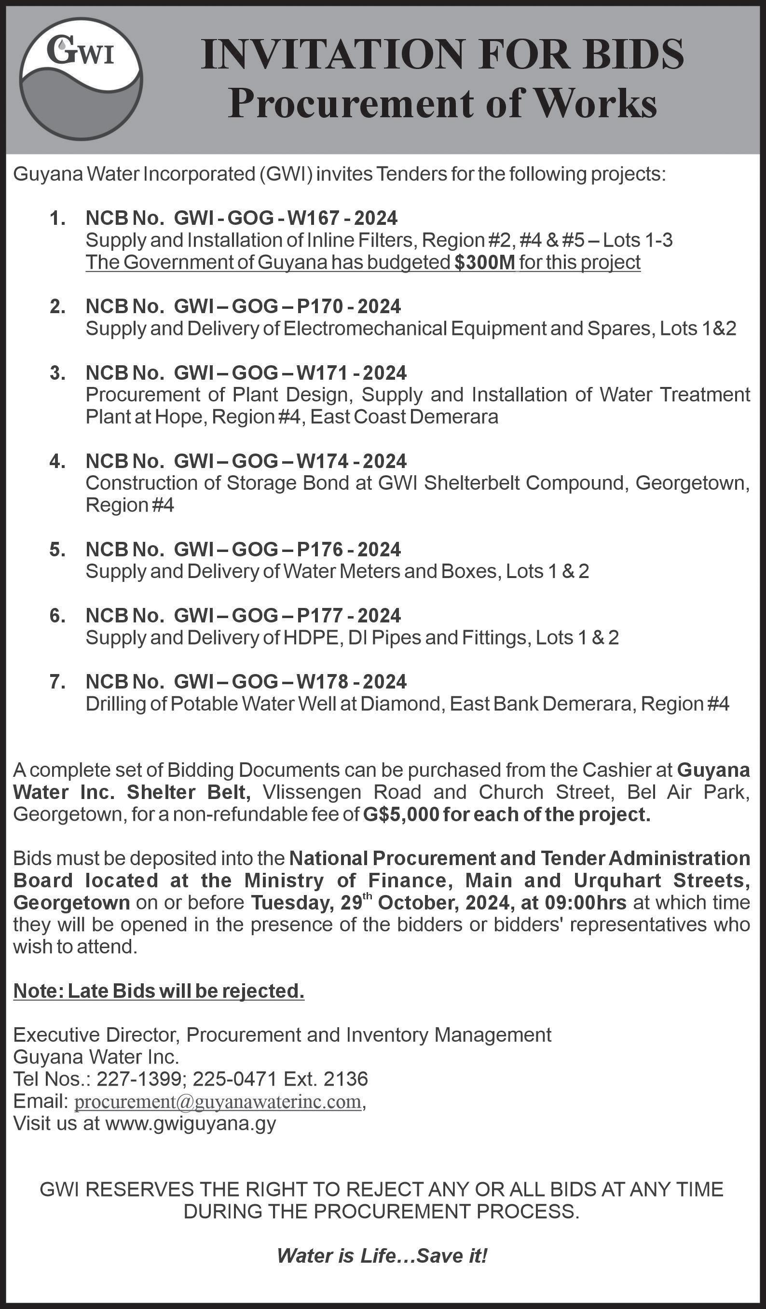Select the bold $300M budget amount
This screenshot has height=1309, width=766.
[484, 263]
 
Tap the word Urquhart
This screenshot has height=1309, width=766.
[617, 881]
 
